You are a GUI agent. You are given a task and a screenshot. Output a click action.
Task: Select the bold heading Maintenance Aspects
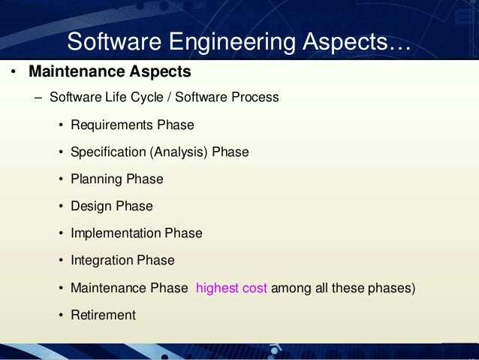pos(110,73)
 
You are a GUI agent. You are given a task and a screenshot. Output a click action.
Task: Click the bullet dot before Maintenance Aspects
pos(13,74)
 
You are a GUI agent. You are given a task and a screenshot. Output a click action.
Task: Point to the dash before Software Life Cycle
pos(38,98)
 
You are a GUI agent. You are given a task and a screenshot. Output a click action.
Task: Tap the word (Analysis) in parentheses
pos(179,152)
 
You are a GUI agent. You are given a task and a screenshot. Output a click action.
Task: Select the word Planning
pos(96,179)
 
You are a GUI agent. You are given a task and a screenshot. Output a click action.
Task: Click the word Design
pos(90,206)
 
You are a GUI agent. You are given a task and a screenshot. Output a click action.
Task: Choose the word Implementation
pos(116,233)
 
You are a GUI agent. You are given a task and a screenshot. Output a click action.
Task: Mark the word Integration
pos(101,260)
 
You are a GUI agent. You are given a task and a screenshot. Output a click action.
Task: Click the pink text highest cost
pos(231,288)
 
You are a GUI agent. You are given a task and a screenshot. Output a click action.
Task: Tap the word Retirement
pos(103,315)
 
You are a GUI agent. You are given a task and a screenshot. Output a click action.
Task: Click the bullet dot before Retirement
pos(61,316)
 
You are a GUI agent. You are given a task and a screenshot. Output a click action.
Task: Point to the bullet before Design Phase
pos(61,207)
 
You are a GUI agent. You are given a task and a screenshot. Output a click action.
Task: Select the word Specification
pos(107,152)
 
